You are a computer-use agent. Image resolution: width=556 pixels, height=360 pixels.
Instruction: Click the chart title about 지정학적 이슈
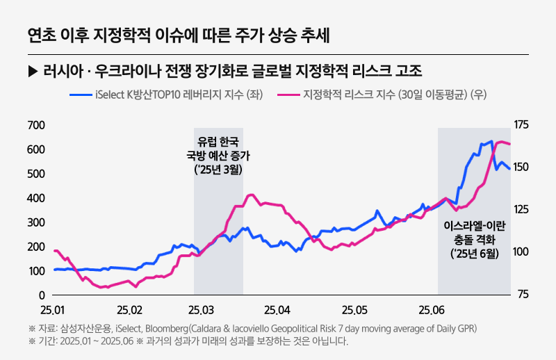pos(179,33)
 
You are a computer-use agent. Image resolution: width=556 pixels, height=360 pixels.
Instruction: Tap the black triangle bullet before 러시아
pos(32,72)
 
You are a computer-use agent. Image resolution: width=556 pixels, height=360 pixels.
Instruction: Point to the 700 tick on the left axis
pos(35,125)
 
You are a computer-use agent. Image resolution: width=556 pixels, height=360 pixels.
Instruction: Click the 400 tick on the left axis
pos(35,198)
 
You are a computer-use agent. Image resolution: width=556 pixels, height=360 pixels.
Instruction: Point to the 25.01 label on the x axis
pos(54,309)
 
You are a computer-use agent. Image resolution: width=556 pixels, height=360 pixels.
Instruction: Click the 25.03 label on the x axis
pos(204,309)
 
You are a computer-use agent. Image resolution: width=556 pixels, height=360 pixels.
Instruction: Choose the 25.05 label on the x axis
pos(355,309)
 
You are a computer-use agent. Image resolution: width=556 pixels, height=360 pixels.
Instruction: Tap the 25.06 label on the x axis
pos(431,309)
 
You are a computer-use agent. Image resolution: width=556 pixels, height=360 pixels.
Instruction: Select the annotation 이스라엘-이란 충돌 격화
pos(474,233)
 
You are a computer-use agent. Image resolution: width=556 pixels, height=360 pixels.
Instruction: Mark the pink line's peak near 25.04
pos(252,195)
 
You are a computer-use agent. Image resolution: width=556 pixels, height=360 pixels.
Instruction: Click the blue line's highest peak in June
pos(491,142)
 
